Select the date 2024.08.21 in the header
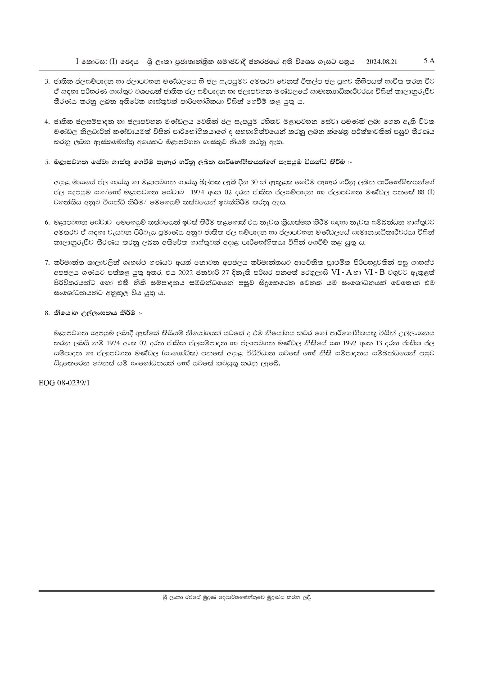381,62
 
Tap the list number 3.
46,81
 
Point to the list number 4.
46,122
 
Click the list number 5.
46,162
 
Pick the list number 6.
46,222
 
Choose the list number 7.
46,262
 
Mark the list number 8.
46,313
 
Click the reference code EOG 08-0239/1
64,383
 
